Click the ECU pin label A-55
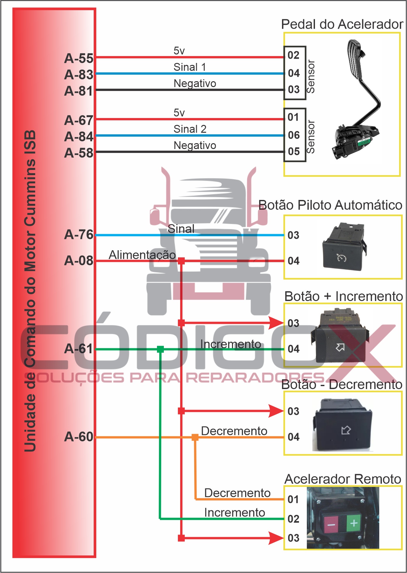pos(79,58)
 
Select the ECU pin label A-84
pos(79,137)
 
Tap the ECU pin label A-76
pos(79,234)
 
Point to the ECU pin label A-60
pos(79,437)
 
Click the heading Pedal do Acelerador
pos(342,24)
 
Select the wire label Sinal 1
pos(190,67)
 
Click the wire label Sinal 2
pos(190,129)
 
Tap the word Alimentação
pos(142,255)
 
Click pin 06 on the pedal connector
pos(294,135)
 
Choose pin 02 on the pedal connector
pos(293,55)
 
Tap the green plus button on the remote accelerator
pos(354,523)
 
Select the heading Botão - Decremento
pos(342,385)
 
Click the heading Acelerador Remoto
pos(343,479)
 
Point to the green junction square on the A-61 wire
pos(160,349)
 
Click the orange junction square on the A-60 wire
pos(195,437)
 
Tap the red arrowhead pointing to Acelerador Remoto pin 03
pos(276,538)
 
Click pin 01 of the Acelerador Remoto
pos(293,499)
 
